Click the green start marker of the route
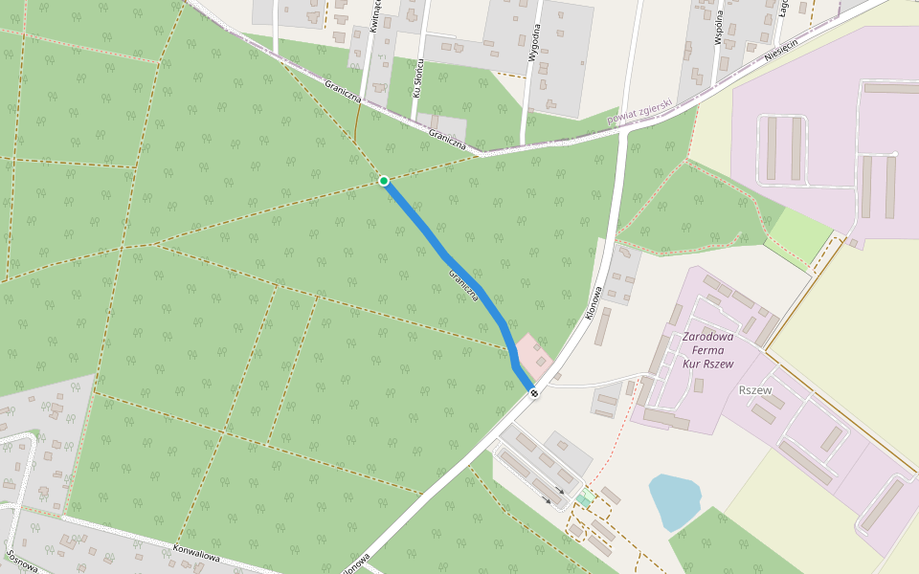(x=384, y=181)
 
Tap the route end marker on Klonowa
(x=533, y=392)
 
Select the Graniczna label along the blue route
(x=464, y=286)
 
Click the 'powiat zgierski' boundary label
(x=639, y=112)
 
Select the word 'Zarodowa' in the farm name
(x=708, y=337)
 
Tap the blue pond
(x=674, y=500)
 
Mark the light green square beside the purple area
(x=800, y=233)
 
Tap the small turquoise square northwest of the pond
(x=584, y=498)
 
